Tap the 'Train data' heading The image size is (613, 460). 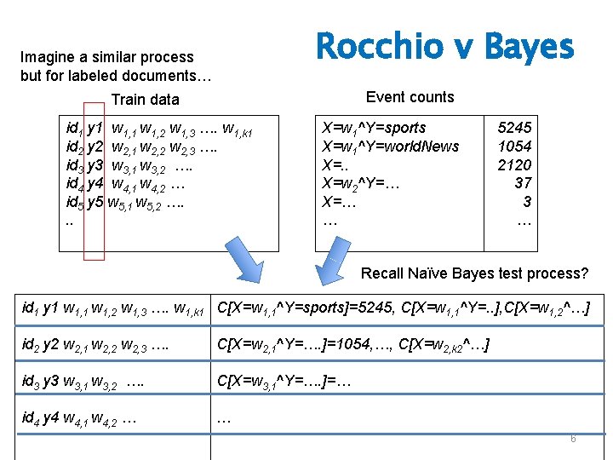pyautogui.click(x=146, y=100)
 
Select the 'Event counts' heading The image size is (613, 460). pyautogui.click(x=410, y=97)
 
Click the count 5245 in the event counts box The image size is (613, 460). pyautogui.click(x=514, y=128)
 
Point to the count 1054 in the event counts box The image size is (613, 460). pyautogui.click(x=514, y=147)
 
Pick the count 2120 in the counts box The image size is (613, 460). pyautogui.click(x=514, y=165)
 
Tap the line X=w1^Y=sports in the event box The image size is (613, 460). pyautogui.click(x=373, y=128)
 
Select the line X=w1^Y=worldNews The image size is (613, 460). pyautogui.click(x=390, y=147)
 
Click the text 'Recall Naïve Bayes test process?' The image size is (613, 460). pyautogui.click(x=474, y=273)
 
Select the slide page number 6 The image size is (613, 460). pyautogui.click(x=573, y=438)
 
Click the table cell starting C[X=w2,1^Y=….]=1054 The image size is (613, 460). pyautogui.click(x=353, y=344)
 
